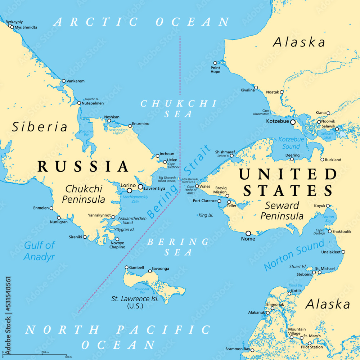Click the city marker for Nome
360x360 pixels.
(248, 233)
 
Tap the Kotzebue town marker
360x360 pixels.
(293, 122)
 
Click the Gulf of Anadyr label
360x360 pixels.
(40, 251)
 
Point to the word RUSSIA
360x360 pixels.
(83, 167)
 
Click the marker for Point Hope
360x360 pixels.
(215, 63)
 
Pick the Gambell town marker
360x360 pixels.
(126, 267)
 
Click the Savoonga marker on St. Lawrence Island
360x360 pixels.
(150, 271)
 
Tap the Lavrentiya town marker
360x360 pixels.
(140, 187)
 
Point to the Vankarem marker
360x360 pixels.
(63, 81)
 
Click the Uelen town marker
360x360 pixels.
(165, 162)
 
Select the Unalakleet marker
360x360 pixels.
(343, 252)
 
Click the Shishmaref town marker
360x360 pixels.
(231, 156)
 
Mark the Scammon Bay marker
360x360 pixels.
(252, 350)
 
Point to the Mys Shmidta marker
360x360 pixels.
(12, 27)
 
